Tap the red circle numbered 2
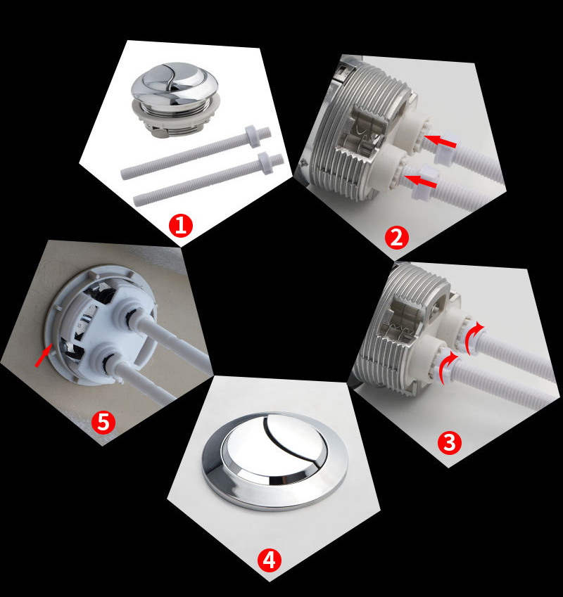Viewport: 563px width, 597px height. (x=396, y=237)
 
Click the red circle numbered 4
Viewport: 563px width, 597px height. (x=269, y=560)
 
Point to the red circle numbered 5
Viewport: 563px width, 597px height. (x=103, y=422)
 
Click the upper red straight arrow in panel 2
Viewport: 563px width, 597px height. (x=443, y=143)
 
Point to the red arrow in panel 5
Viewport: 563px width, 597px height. (x=43, y=356)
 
